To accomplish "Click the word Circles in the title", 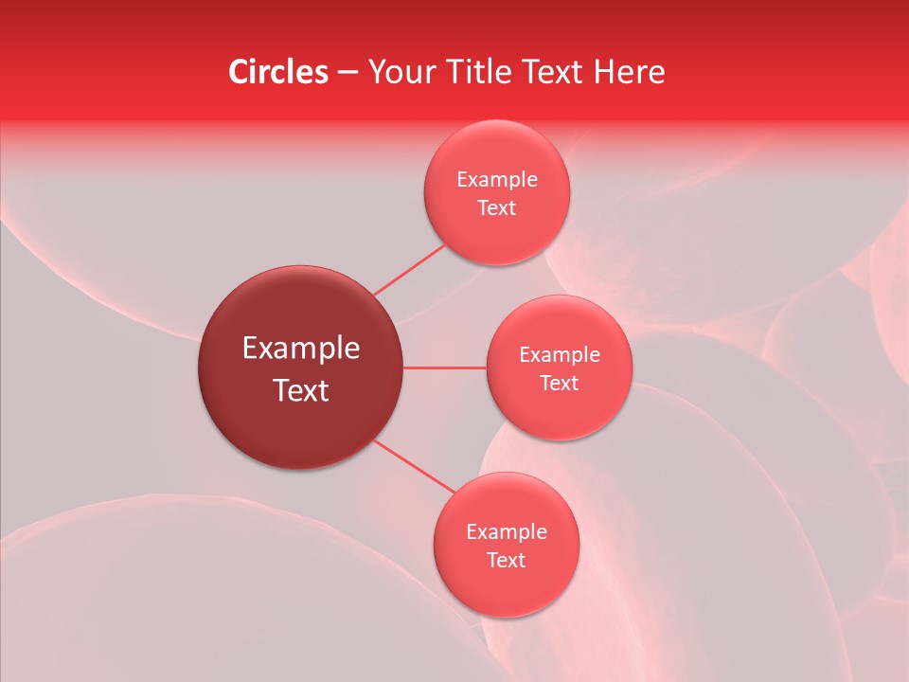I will pos(277,72).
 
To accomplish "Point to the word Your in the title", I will pos(401,72).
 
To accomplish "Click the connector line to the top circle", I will pos(409,269).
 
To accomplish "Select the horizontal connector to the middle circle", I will pos(445,368).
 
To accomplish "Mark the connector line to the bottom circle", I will pos(414,465).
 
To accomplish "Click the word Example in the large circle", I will pos(301,349).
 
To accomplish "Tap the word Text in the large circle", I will pos(301,390).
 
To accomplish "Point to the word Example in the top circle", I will pos(497,179).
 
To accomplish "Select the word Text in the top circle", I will pos(497,207).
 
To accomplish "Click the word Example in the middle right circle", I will pos(560,354).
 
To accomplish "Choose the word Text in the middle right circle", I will pos(560,383).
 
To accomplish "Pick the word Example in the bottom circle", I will pos(507,531).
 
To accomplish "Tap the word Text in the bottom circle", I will pos(507,560).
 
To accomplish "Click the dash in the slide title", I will pos(347,73).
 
